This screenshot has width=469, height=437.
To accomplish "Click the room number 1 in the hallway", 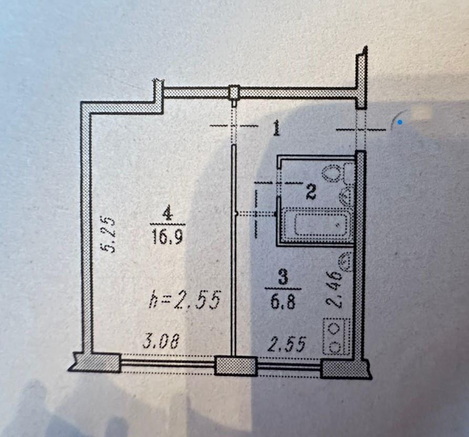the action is point(276,128).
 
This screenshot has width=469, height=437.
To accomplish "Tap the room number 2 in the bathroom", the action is point(311,192).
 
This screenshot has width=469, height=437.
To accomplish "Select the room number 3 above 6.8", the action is point(283,277).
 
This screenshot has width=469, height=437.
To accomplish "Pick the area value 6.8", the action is point(283,301).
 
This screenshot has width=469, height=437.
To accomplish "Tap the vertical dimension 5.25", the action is point(108,234).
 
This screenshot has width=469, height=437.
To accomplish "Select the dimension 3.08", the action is point(161,341).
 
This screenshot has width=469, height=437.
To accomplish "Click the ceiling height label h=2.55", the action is point(184,299).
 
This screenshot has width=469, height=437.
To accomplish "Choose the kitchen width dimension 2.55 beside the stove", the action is point(287,344).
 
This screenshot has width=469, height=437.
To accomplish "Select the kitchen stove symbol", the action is point(337,337).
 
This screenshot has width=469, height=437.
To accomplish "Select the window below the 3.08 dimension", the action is point(168,363).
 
